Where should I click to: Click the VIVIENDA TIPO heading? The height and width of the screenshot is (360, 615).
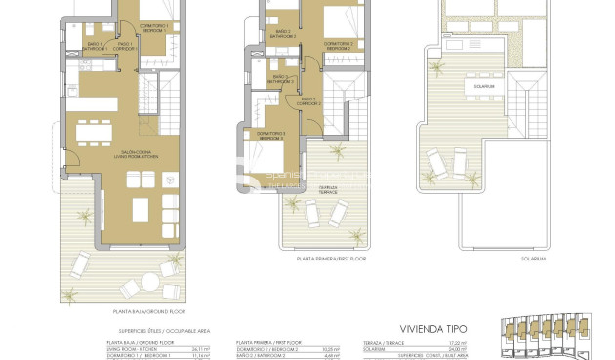coord(435,329)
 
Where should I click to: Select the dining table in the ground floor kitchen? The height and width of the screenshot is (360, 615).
coord(95,129)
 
